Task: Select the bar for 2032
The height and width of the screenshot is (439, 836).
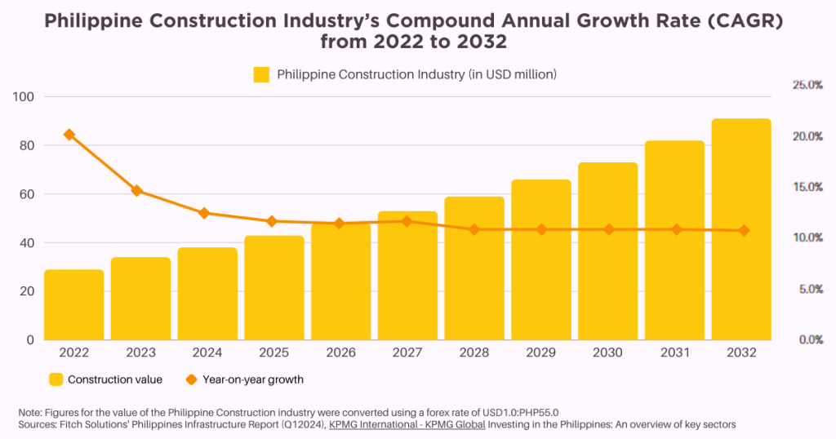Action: coord(741,229)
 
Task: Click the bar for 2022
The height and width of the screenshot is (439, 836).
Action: coord(74,304)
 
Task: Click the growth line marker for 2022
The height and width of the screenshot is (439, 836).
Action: coord(69,135)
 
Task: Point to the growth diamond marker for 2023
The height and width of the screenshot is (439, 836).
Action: coord(137,191)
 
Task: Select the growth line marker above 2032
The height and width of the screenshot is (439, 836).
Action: coord(743,231)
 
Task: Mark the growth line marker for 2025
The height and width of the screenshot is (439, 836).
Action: coord(272,221)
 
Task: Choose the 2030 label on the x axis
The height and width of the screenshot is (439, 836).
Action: coord(607,353)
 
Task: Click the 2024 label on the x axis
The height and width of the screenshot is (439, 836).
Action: coord(207,353)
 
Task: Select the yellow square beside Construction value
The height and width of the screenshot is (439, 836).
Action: coord(56,379)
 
